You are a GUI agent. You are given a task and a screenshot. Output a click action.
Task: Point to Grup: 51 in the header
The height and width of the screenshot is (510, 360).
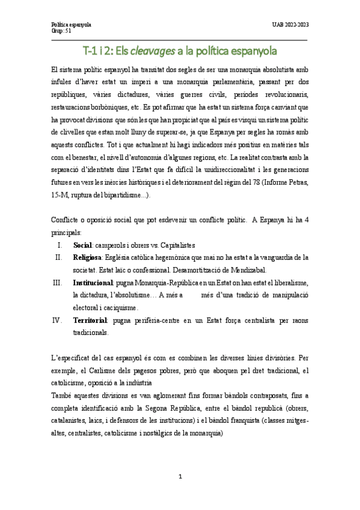coord(61,31)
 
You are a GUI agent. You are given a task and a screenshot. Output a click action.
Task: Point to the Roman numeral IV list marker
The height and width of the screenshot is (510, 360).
coord(58,319)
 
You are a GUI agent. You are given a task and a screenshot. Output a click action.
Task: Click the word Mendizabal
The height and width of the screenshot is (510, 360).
coord(247,270)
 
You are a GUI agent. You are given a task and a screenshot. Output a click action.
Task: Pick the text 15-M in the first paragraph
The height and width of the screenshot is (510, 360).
coord(60,195)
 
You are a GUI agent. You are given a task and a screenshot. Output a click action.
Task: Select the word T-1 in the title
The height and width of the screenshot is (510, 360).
coord(91,51)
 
